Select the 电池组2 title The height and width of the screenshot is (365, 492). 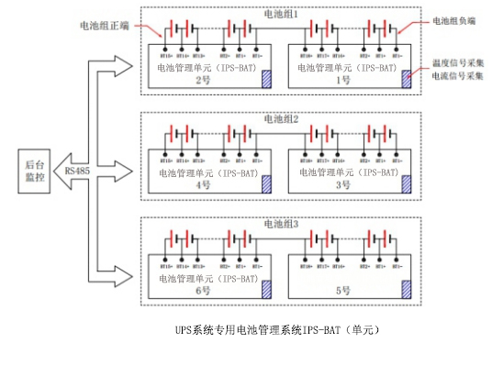[275, 119]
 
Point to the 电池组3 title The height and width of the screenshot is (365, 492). [275, 223]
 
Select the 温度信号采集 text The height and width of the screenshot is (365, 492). [458, 65]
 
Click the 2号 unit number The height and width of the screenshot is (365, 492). [203, 82]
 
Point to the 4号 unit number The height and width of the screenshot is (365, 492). [203, 185]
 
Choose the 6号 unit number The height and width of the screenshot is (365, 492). [203, 290]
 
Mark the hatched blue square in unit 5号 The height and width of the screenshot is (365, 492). [406, 288]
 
